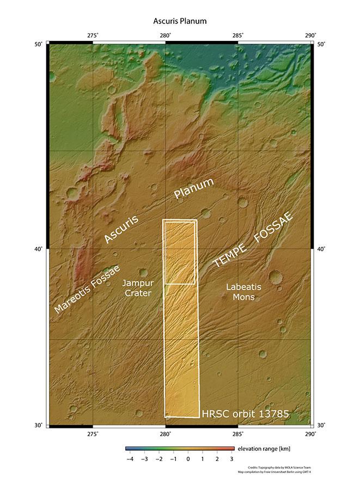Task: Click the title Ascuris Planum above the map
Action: [x=180, y=21]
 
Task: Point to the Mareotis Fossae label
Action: [x=87, y=290]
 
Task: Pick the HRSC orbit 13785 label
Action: [x=245, y=415]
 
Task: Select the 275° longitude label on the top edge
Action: [x=93, y=36]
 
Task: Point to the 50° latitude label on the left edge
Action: [x=40, y=44]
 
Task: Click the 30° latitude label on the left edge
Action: [x=40, y=425]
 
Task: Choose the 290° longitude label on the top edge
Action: [x=310, y=36]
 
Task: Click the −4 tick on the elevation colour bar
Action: [x=130, y=459]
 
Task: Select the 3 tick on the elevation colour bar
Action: [x=232, y=459]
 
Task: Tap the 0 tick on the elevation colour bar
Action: [x=188, y=459]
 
